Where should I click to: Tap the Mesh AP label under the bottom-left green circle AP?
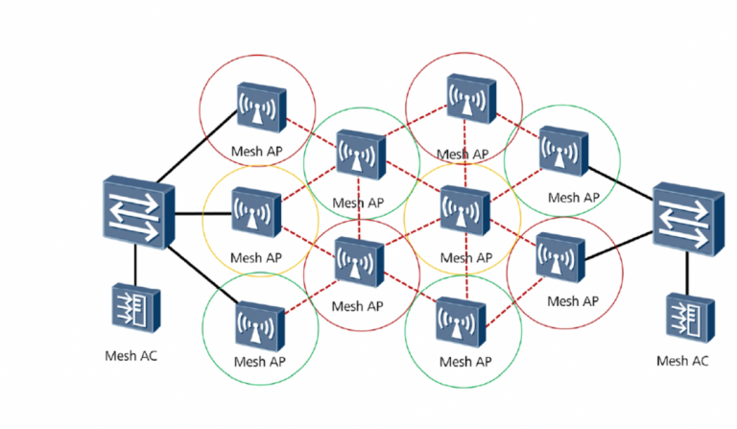tap(259, 364)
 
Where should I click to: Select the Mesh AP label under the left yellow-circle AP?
tap(256, 257)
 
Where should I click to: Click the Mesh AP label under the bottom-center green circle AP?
tap(464, 362)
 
